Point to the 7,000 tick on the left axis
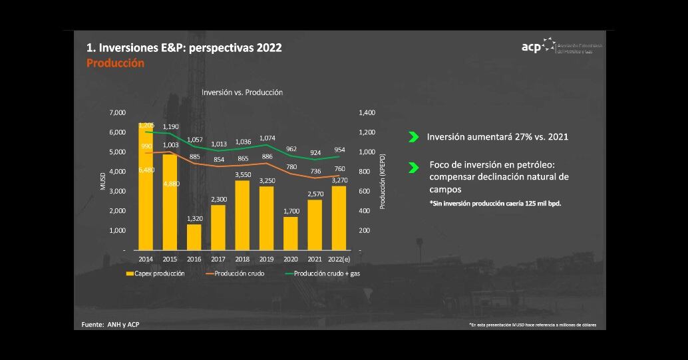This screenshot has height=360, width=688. [117, 113]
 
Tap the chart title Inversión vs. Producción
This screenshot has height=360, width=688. [242, 92]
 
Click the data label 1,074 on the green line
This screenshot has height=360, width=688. [266, 138]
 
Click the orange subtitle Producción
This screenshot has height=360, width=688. [115, 63]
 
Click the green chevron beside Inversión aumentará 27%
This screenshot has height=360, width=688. [413, 137]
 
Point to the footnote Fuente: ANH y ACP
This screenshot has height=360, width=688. [110, 325]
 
